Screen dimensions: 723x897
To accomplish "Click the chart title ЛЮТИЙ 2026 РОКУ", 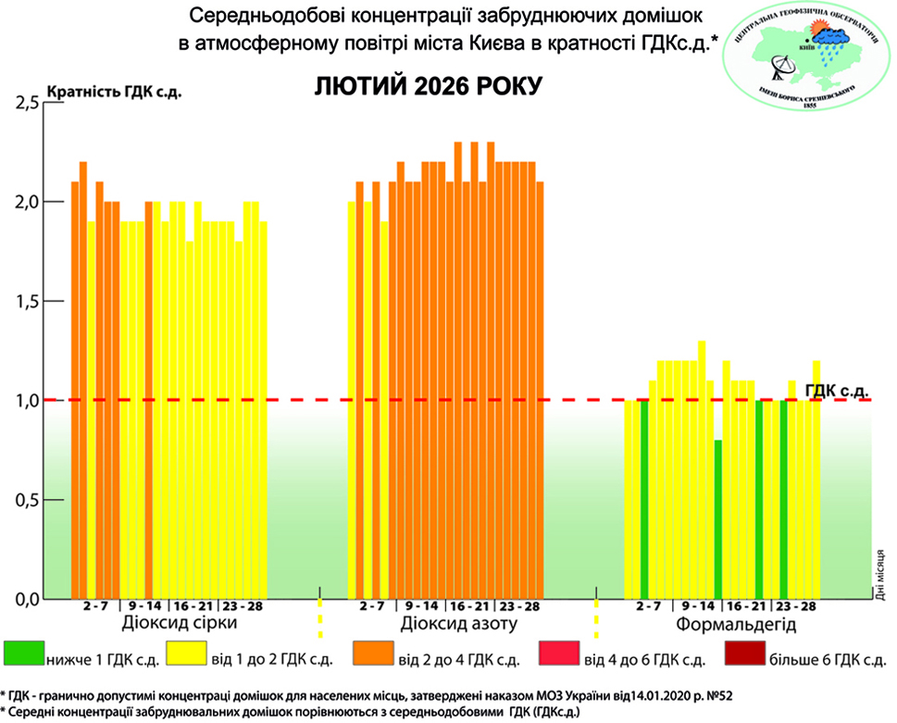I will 427,87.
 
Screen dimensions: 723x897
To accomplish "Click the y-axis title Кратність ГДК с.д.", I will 106,91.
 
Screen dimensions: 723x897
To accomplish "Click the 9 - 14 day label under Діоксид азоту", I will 422,606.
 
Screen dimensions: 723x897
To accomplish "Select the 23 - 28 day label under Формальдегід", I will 796,606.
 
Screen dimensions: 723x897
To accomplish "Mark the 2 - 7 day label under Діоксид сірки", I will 95,606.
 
